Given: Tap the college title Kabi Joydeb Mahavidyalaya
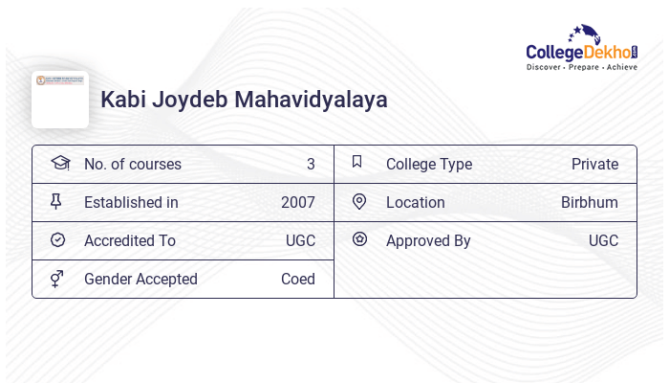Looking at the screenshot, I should (x=244, y=100).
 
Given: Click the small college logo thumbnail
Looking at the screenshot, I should (x=60, y=99).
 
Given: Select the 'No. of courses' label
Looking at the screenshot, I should (x=132, y=164).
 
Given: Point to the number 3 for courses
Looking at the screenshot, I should (x=311, y=164).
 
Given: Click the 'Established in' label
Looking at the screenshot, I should (x=131, y=202).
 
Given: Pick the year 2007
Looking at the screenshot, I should (x=297, y=202).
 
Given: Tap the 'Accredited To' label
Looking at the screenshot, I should (x=130, y=240).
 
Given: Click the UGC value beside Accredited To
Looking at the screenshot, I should (x=300, y=240).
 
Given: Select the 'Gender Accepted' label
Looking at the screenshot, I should (x=140, y=279).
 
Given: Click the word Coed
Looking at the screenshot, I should (x=297, y=279).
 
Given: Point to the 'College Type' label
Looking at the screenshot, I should (x=429, y=164).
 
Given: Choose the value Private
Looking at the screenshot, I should (x=594, y=164).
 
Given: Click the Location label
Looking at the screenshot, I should (x=416, y=202).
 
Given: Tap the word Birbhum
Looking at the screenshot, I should (x=589, y=202).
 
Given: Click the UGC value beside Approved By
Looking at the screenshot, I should (x=603, y=240).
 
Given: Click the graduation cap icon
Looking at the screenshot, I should (x=60, y=163).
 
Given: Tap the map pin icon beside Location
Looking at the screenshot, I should (x=359, y=201).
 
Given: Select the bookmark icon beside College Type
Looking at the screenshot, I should (x=357, y=162).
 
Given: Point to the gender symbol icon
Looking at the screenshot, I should (x=57, y=279).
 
